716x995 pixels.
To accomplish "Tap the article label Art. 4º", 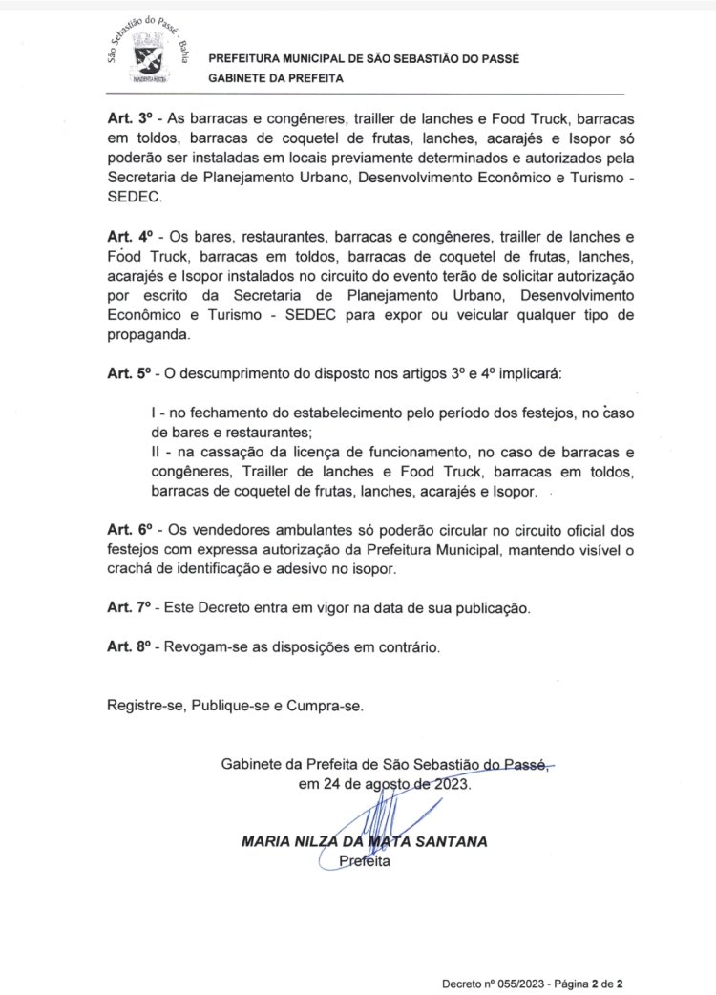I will (130, 235).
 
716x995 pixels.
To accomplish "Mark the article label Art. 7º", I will (130, 607).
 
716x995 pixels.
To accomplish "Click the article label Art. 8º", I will (130, 647).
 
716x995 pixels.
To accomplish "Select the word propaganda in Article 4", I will (149, 335).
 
